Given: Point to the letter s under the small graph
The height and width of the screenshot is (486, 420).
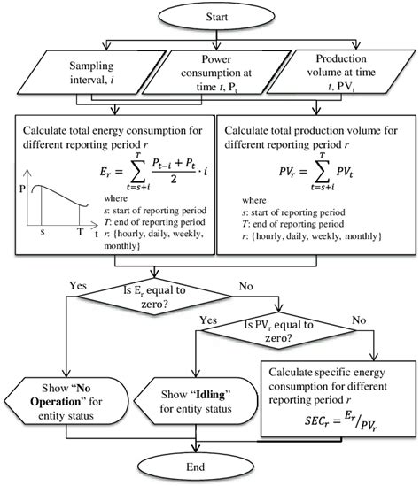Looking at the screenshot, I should point(41,231).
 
